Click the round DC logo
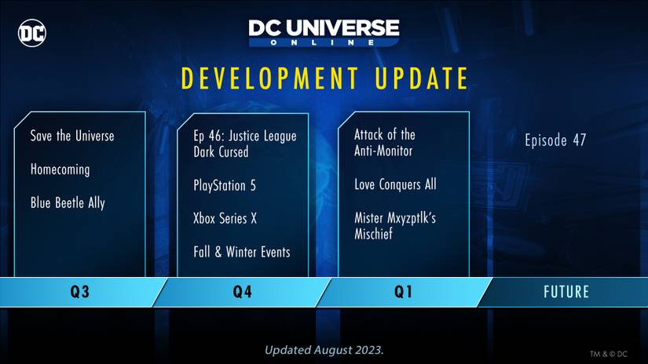32,32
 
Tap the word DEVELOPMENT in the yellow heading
264,78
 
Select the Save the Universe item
72,136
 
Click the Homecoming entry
60,169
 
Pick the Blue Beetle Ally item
68,203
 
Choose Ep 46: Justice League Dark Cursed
244,144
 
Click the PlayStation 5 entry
225,186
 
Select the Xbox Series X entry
225,219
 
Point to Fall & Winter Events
242,252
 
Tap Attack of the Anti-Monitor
384,142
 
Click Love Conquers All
395,185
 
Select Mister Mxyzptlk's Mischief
394,226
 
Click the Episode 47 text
555,140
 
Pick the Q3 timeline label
79,293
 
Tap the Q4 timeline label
242,293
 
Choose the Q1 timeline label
403,293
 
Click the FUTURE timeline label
566,293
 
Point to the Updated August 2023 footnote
324,349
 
